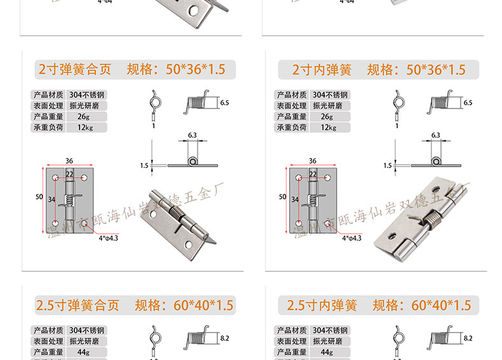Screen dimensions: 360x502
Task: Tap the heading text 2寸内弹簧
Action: (x=322, y=69)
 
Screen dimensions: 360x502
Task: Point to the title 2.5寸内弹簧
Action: (x=322, y=305)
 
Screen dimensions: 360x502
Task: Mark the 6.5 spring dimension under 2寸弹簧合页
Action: (x=224, y=102)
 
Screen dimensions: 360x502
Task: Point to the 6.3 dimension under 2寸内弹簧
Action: (x=435, y=135)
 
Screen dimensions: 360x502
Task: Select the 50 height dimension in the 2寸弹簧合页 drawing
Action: (x=39, y=197)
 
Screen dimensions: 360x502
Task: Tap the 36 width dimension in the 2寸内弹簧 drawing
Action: (x=313, y=161)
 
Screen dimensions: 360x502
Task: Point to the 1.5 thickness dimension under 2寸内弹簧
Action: (x=388, y=166)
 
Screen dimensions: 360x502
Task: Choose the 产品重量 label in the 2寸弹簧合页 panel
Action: (x=48, y=117)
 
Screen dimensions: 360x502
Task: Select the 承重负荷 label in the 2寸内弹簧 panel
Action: (x=292, y=128)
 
